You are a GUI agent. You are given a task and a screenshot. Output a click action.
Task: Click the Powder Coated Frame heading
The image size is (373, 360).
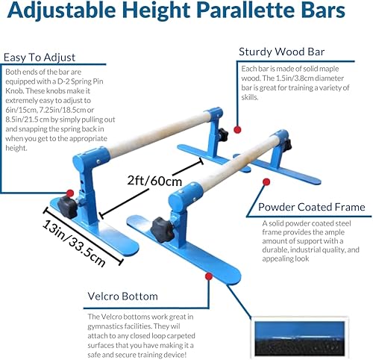(311, 208)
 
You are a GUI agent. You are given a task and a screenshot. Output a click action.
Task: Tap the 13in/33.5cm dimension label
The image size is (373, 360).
(72, 235)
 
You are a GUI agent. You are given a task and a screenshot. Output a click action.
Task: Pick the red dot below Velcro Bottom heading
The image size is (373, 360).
(206, 277)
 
